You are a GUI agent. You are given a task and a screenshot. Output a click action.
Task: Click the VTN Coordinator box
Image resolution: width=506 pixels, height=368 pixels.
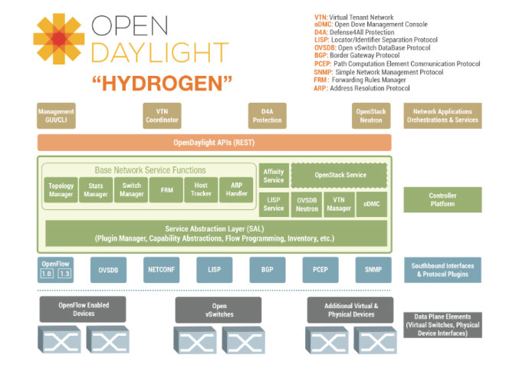click(162, 116)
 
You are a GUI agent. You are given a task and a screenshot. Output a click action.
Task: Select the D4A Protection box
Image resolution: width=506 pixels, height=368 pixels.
click(267, 116)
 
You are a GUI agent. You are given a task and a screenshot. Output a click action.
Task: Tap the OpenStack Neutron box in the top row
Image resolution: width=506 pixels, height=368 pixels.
click(372, 116)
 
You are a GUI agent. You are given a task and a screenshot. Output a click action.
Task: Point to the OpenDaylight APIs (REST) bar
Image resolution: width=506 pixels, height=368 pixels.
click(214, 143)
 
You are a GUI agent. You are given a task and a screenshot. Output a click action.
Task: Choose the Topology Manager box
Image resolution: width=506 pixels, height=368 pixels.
click(61, 190)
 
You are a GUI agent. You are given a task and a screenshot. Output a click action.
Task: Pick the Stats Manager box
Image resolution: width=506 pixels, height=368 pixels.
click(95, 190)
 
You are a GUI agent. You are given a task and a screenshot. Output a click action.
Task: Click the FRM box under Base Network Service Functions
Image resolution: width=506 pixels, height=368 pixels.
click(166, 190)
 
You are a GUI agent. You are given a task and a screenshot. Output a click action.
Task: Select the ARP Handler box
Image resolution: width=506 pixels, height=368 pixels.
click(236, 190)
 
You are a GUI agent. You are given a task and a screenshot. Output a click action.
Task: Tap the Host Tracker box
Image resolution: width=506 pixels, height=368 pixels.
click(202, 190)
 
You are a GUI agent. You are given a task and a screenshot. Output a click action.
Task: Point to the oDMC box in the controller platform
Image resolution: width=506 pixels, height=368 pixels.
click(372, 204)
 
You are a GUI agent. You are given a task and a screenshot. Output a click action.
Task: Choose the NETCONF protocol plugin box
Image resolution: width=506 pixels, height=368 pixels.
click(161, 270)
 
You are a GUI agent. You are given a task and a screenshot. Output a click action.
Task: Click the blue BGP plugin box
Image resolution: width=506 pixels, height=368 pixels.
click(267, 270)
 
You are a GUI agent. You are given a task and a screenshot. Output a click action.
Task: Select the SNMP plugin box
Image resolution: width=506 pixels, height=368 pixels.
click(373, 270)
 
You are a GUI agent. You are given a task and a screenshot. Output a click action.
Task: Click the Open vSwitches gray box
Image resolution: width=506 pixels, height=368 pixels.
click(214, 310)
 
